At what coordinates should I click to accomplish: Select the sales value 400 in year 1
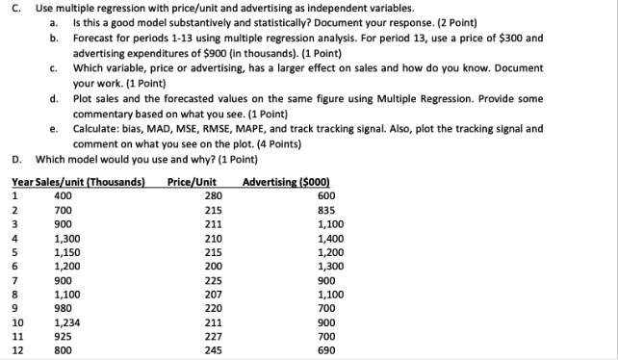[x=64, y=195]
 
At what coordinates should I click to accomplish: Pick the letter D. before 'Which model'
[x=16, y=159]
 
